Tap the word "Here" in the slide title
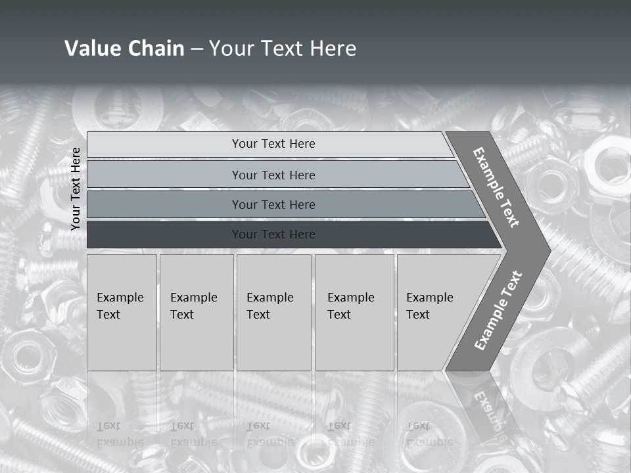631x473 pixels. tap(333, 49)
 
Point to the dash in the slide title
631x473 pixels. tap(197, 49)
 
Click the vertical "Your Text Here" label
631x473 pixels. tap(76, 189)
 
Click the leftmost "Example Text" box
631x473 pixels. tap(122, 312)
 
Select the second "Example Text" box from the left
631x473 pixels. tap(197, 312)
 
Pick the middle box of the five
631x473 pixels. tap(273, 312)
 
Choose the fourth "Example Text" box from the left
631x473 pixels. tap(354, 312)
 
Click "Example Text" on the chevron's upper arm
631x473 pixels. tap(496, 187)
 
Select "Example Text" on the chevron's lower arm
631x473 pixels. tap(498, 311)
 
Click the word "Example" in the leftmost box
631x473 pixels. tap(120, 298)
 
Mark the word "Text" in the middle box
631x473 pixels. tap(258, 315)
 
